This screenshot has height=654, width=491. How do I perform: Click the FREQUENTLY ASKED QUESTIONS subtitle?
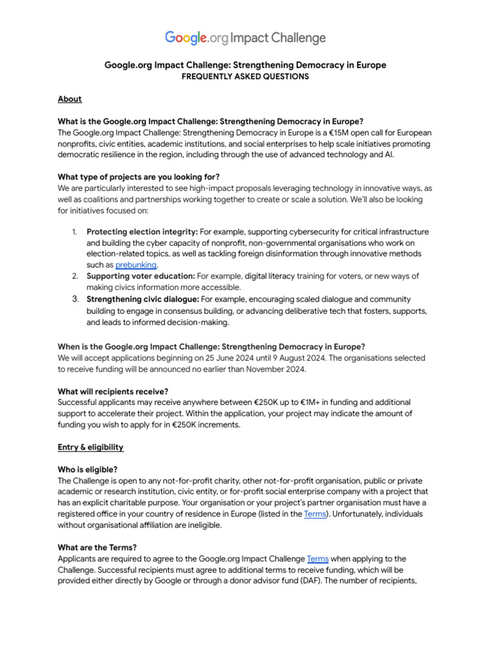[245, 77]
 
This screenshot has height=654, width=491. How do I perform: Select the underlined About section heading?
[70, 99]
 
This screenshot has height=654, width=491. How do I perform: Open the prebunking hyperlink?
[136, 264]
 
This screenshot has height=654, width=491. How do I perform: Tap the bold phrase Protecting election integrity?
[142, 232]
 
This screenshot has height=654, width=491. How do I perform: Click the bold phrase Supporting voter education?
[141, 276]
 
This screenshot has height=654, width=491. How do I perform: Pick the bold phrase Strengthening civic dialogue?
[143, 299]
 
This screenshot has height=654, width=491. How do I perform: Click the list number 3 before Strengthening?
[75, 299]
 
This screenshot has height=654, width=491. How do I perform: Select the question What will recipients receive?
[113, 391]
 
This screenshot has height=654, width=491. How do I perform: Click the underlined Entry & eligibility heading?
[91, 447]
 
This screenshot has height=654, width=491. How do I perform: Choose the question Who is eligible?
[88, 469]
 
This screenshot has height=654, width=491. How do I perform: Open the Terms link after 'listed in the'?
[315, 513]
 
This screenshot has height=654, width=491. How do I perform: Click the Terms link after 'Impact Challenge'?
[318, 558]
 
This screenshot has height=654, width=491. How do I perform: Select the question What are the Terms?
[97, 547]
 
